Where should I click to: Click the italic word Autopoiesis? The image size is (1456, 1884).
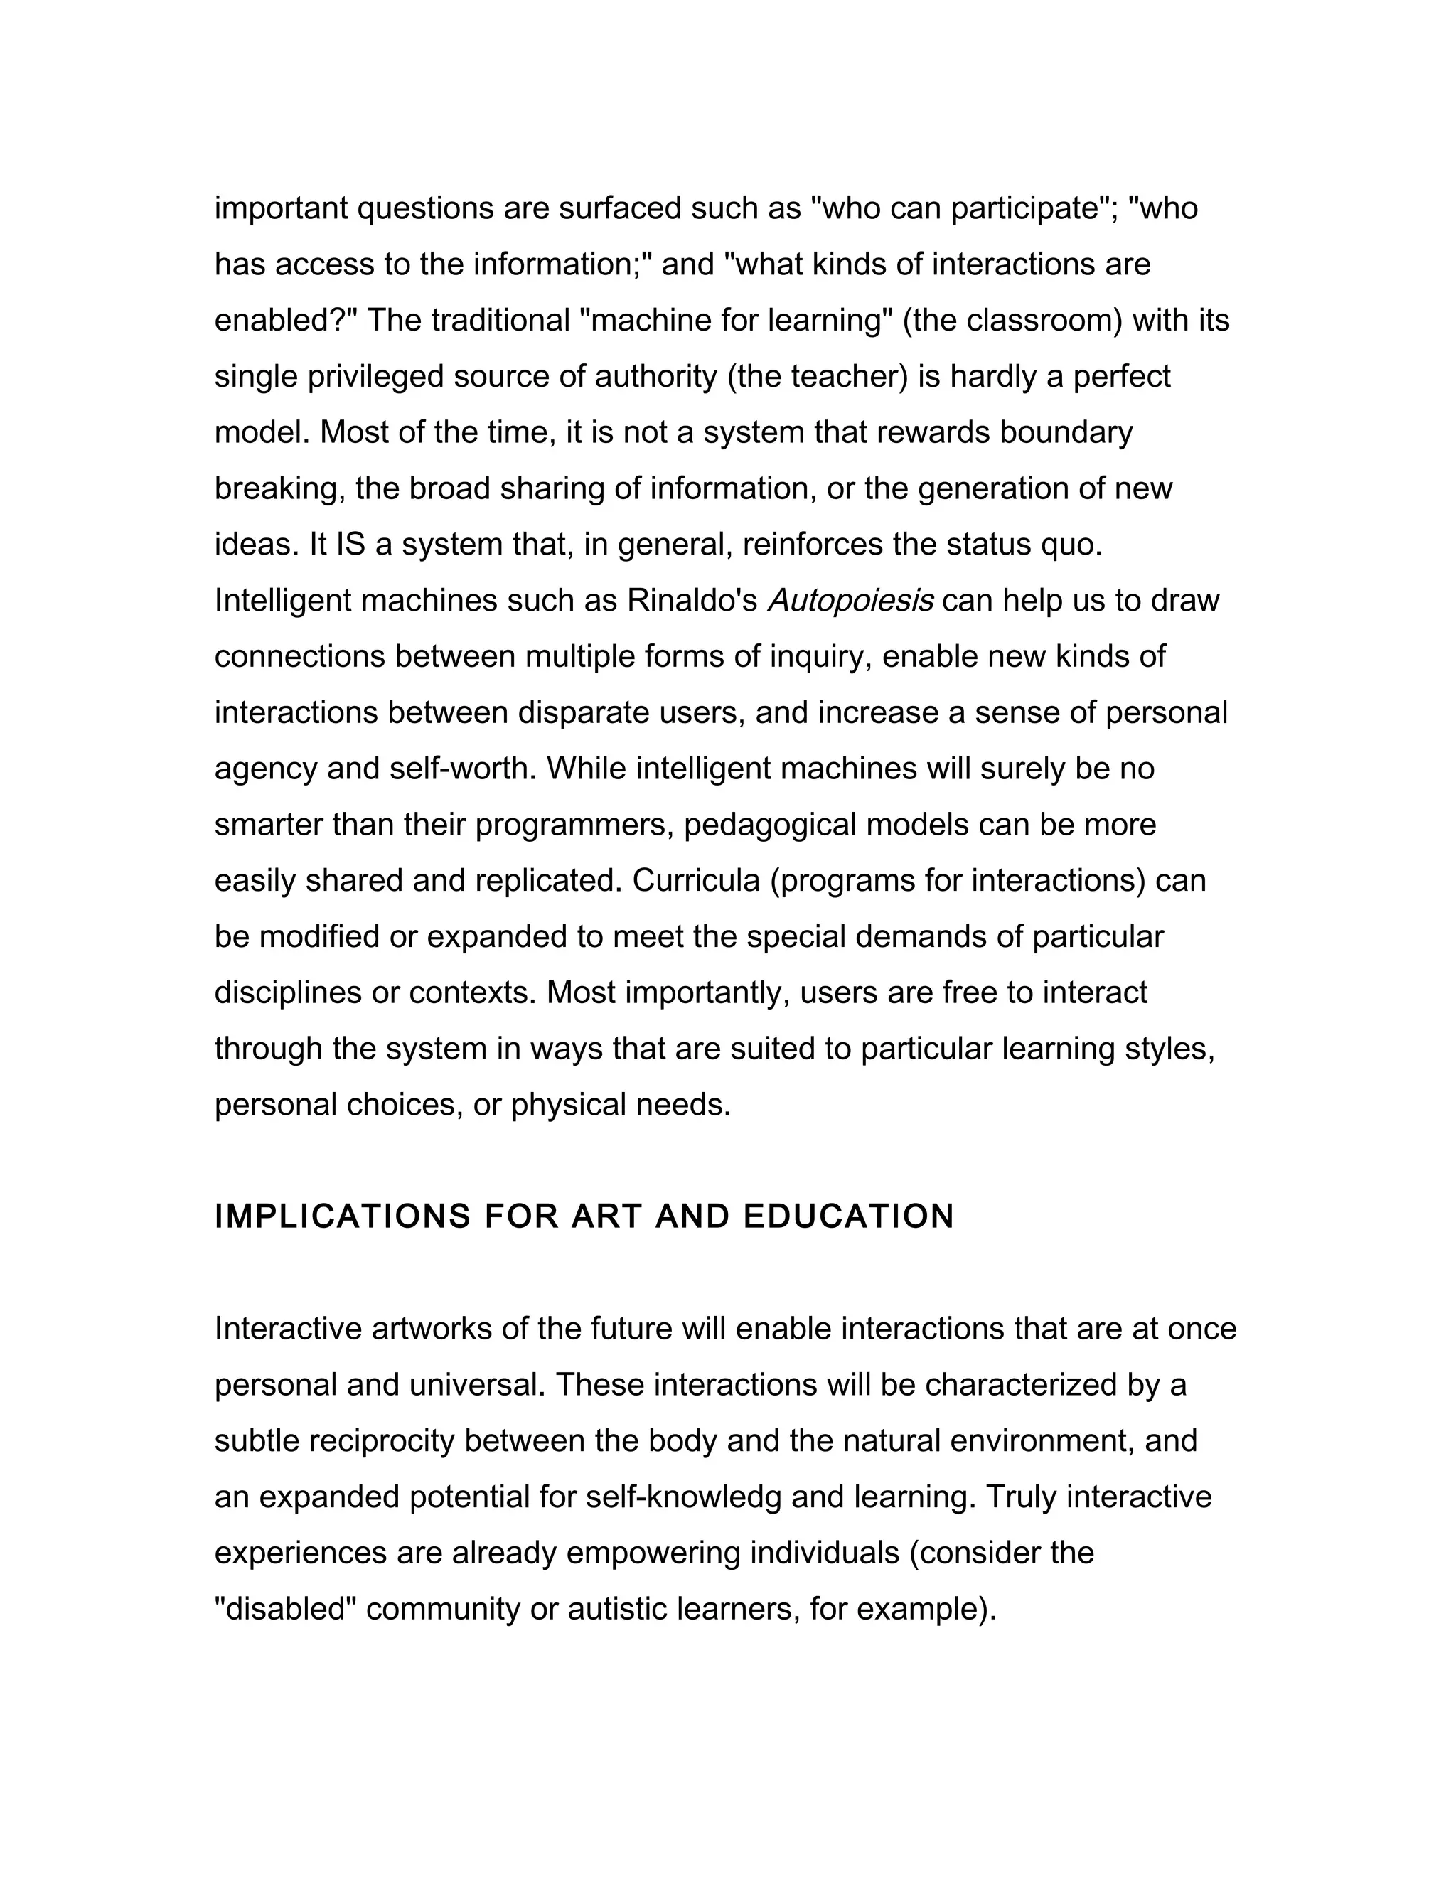point(850,601)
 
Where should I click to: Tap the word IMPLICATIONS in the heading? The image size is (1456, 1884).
point(343,1216)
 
